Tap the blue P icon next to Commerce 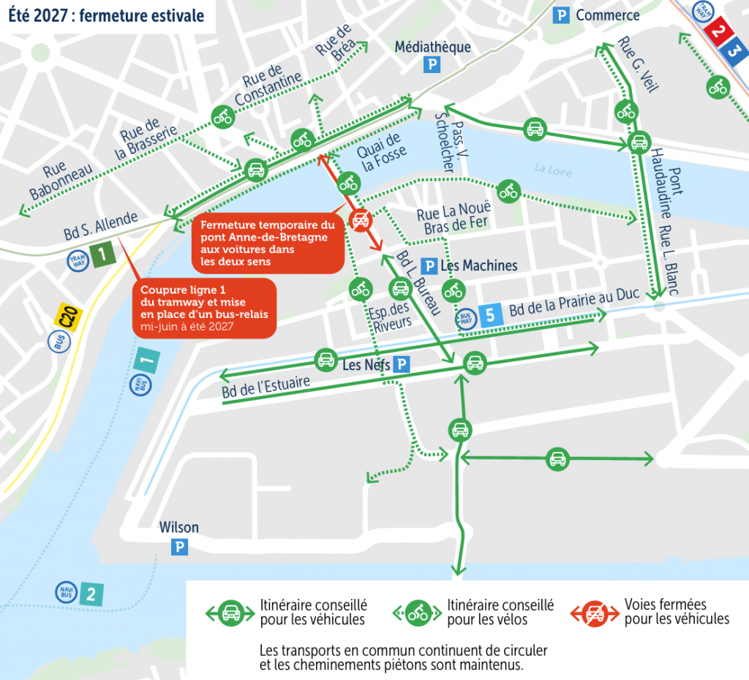561,15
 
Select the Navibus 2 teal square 91,594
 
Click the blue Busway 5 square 490,314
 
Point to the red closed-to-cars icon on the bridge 360,219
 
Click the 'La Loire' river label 552,169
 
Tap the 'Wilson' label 179,528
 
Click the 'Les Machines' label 479,265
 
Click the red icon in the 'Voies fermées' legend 595,613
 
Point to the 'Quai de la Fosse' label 380,152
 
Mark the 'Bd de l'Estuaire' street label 266,388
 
